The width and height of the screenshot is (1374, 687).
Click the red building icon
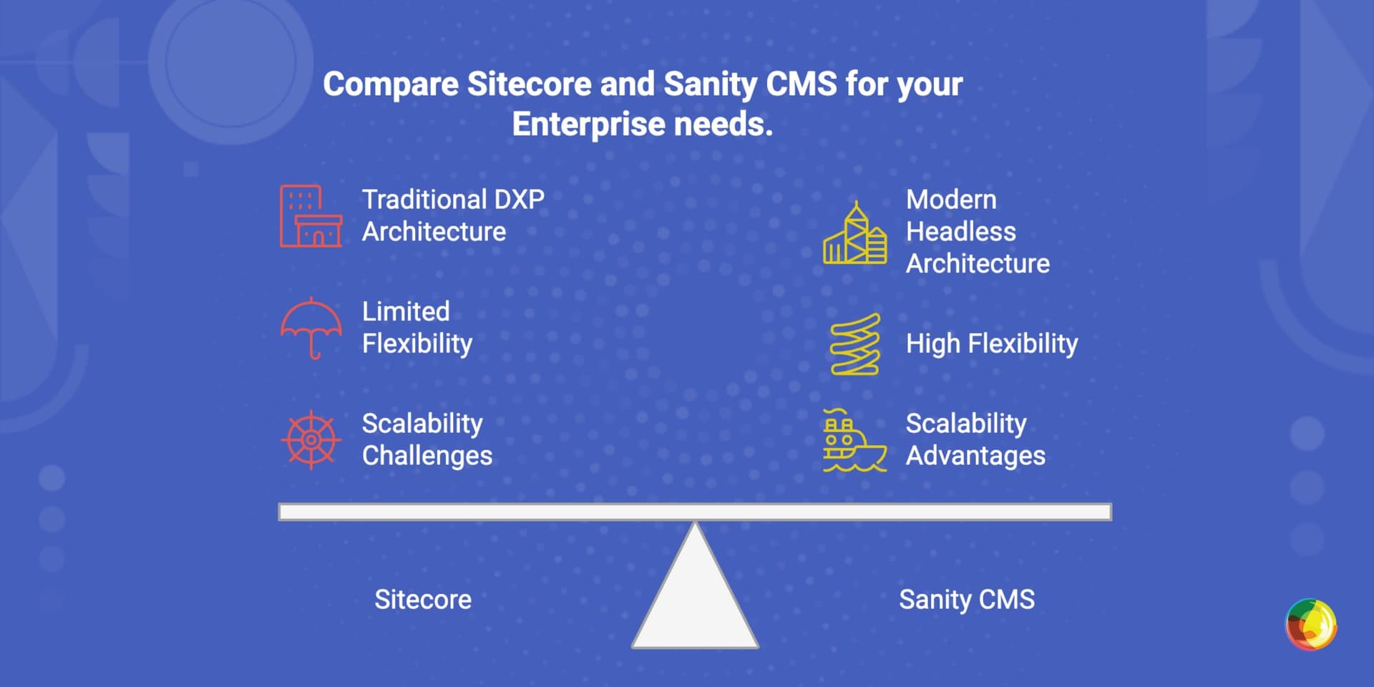coord(311,216)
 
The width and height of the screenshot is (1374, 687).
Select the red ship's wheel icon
coord(311,439)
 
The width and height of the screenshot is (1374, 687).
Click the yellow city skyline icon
coord(855,233)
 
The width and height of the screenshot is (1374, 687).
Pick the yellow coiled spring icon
coord(855,344)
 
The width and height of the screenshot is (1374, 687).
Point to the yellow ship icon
coord(854,440)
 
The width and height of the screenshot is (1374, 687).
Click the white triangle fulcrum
coord(695,585)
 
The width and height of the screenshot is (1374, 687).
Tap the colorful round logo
coord(1311,625)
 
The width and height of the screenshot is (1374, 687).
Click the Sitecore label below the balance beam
coord(423,600)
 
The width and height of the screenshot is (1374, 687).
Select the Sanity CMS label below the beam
coord(967,600)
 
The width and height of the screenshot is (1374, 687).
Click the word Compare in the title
coord(391,84)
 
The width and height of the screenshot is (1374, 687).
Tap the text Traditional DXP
coord(453,200)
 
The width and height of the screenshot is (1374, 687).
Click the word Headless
coord(961,232)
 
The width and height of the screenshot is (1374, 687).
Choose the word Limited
coord(406,311)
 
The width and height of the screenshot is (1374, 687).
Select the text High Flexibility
coord(992,344)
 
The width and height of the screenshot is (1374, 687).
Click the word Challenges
coord(427,456)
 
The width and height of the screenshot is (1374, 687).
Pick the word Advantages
coord(976,456)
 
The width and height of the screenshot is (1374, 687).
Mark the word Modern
coord(952,200)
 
